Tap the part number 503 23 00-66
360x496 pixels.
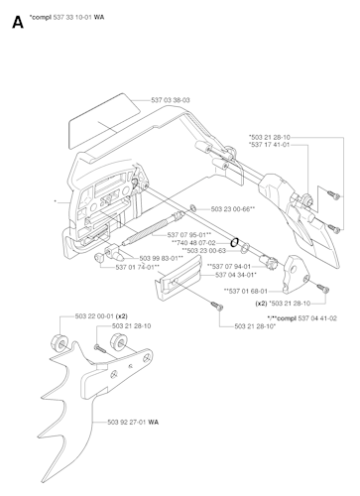click(x=233, y=208)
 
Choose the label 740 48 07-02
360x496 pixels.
click(x=193, y=243)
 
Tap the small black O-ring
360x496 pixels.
click(x=235, y=240)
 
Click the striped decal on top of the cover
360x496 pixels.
click(x=96, y=119)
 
